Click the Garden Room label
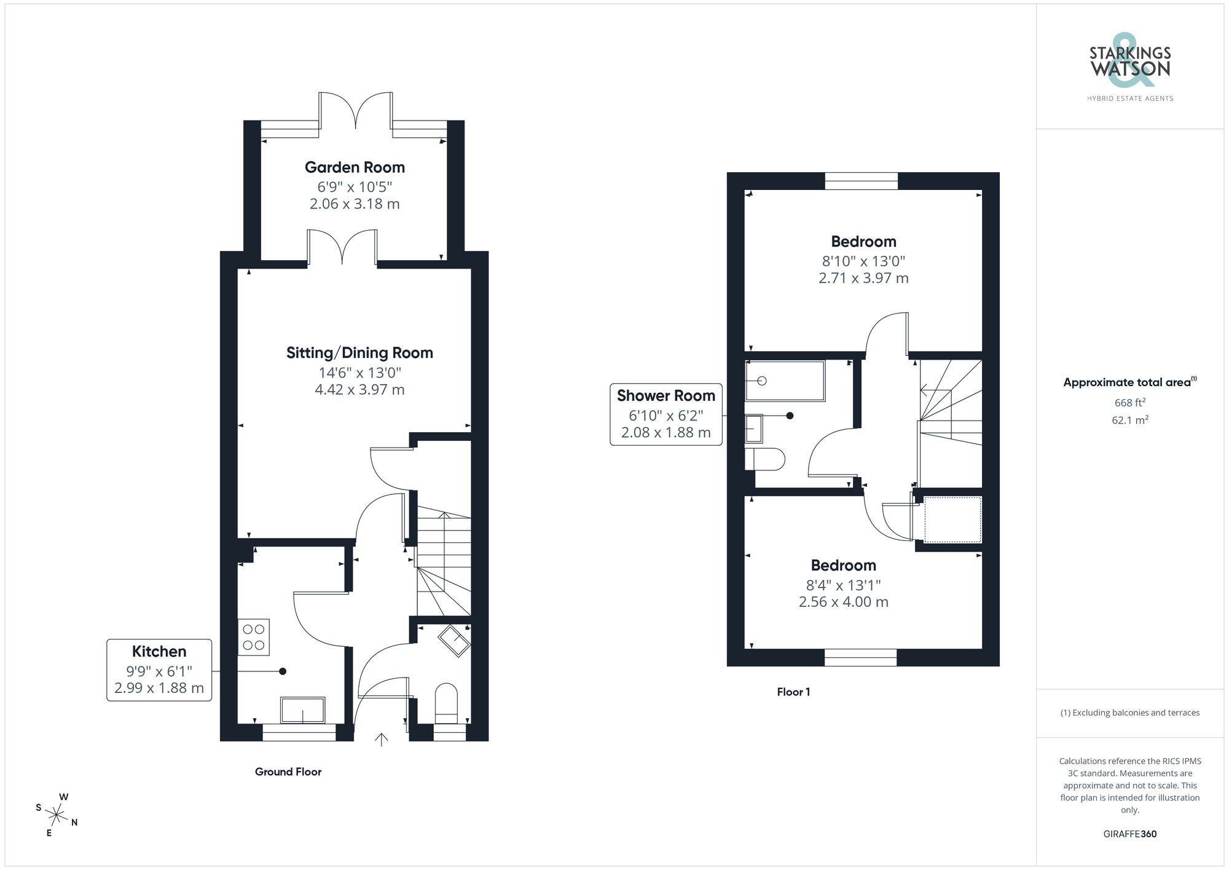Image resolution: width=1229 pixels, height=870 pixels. pos(355,167)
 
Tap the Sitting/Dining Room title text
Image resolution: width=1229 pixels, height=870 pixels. pos(359,353)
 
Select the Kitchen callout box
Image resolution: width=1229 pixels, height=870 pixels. pos(159,670)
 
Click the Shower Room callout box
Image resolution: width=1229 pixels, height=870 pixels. pos(666,414)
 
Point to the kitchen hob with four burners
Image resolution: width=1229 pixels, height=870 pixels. pos(254,638)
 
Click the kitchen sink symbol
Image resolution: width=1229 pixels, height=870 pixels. pos(303,710)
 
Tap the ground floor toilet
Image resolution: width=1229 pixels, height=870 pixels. pos(447,704)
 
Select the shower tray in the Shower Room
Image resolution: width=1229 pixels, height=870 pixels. pos(785,381)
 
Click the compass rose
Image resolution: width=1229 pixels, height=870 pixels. pos(57,816)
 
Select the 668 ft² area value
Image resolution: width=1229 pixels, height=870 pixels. pos(1129,403)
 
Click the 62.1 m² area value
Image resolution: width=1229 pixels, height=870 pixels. pos(1129,421)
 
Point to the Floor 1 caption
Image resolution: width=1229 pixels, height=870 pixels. pos(793,692)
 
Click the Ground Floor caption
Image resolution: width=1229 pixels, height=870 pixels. pos(288,772)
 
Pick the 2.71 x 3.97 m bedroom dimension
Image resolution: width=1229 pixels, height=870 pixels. pos(863,278)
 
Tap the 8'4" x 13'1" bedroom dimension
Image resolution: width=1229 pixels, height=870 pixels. pos(843,585)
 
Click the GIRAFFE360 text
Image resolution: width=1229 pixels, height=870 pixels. pos(1129,834)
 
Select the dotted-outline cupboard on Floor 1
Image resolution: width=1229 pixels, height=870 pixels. pos(952,520)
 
